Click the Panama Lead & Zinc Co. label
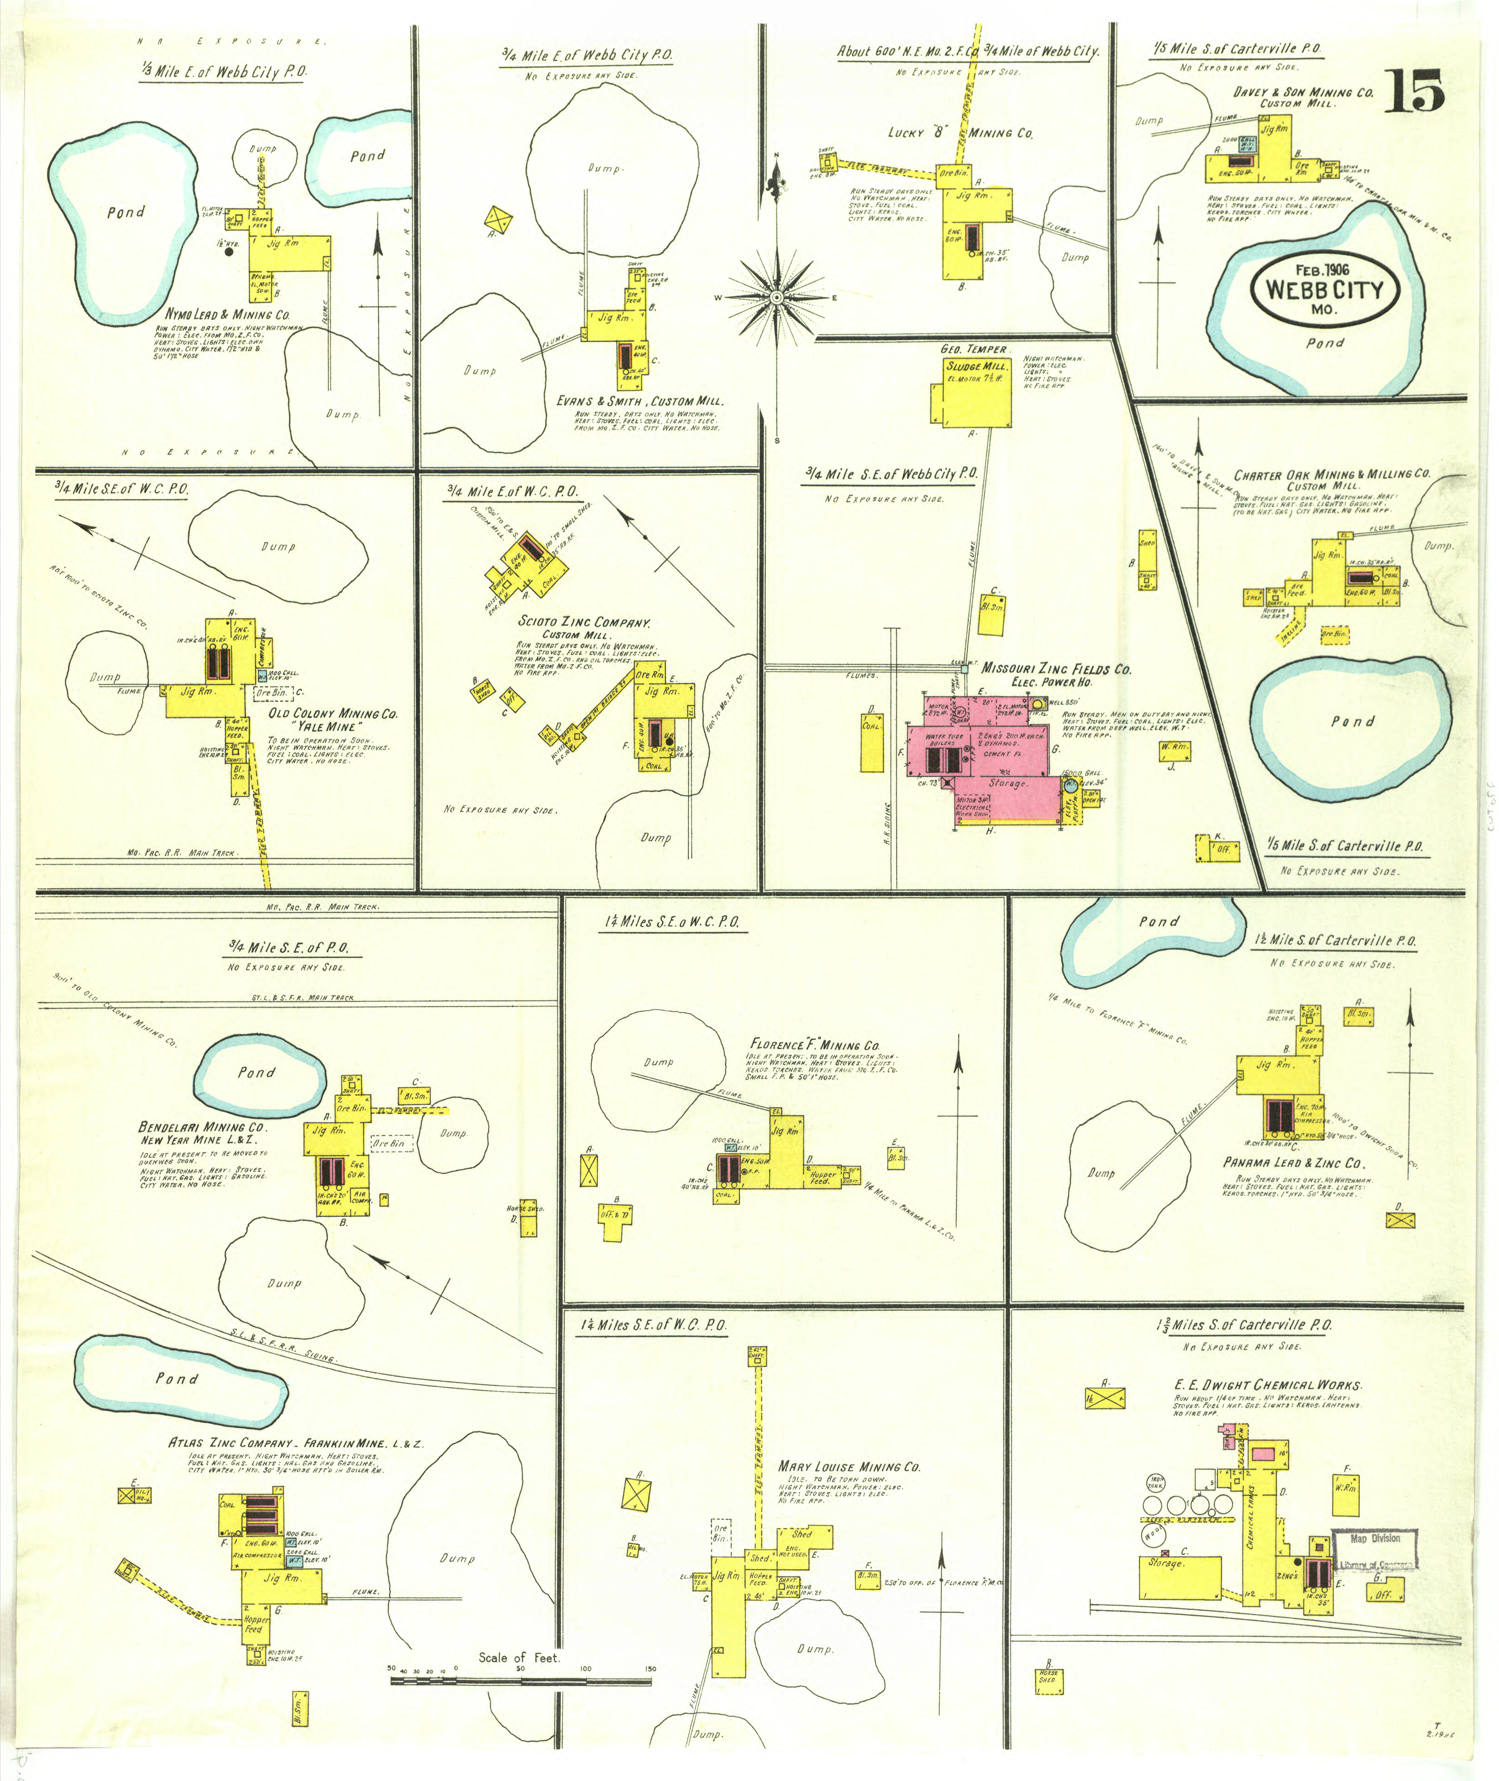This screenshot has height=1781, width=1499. [x=1292, y=1162]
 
